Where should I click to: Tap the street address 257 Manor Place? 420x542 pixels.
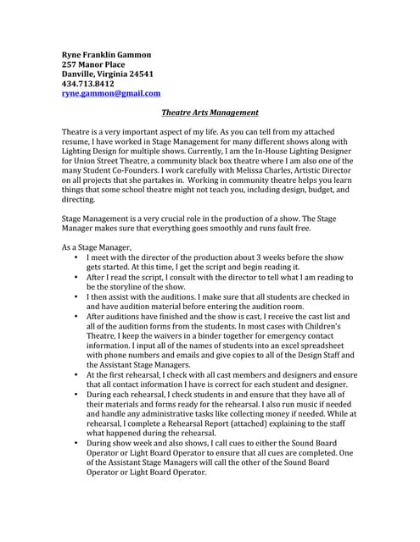[93, 64]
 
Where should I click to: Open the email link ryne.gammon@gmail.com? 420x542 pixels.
[111, 94]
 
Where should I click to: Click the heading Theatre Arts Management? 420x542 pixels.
[210, 113]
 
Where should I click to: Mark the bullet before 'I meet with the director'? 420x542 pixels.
[76, 257]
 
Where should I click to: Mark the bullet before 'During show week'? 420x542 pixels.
[76, 442]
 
